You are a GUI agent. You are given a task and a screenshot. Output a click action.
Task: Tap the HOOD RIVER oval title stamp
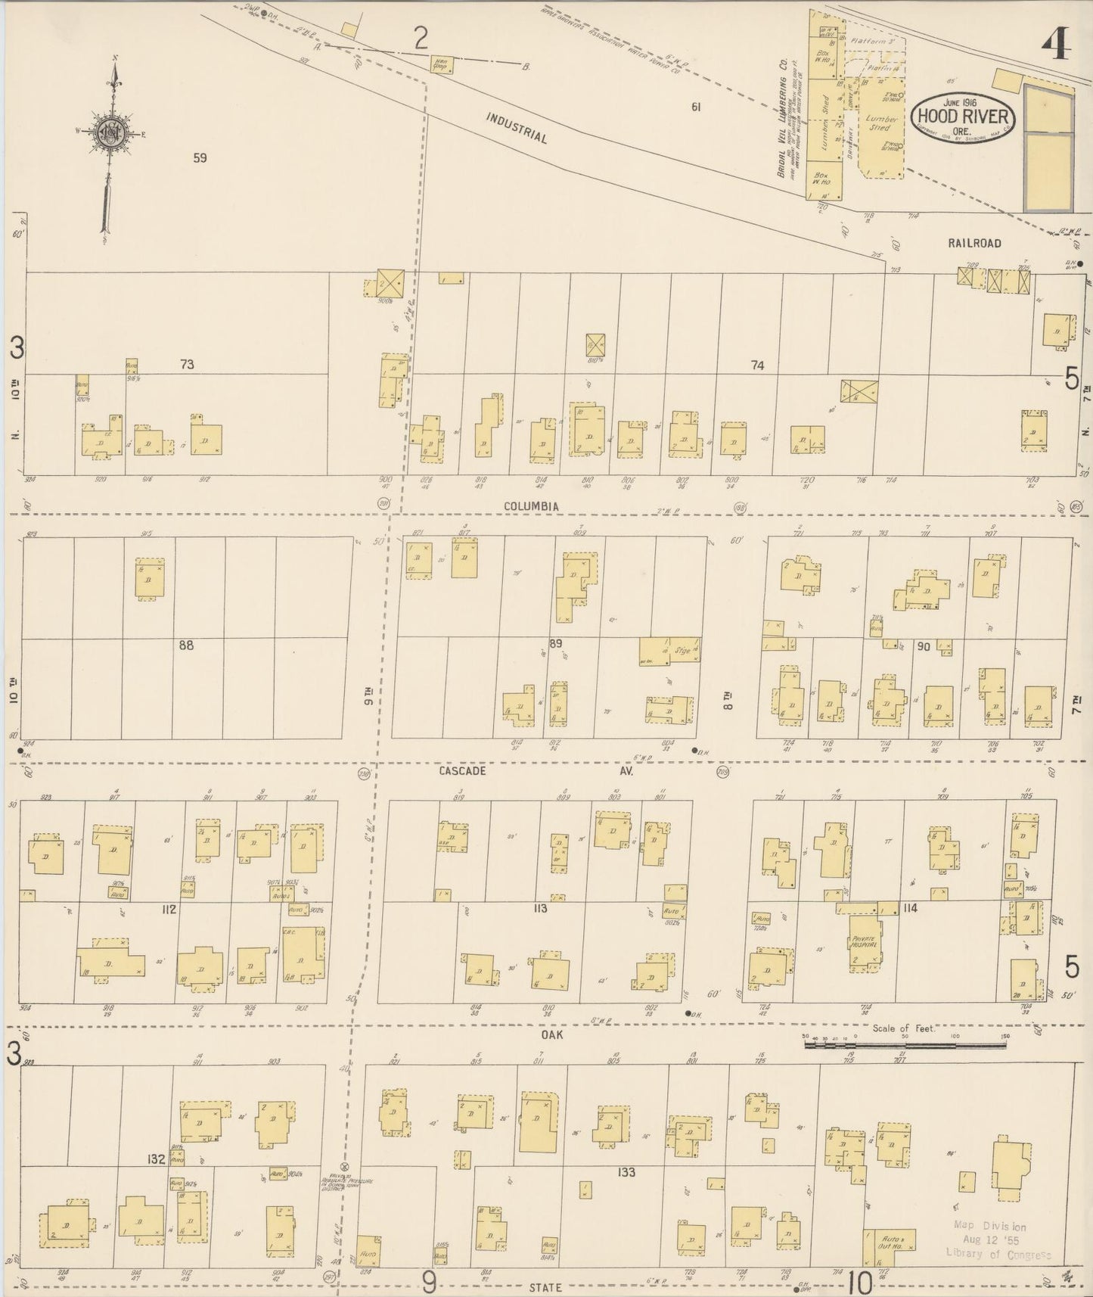pos(963,117)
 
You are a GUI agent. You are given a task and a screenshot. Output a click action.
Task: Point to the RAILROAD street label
pos(975,244)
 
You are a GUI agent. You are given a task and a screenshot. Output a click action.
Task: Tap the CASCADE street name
pos(461,771)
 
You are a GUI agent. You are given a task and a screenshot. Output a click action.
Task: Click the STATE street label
pos(545,1287)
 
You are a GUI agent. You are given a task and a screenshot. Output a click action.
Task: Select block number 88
pos(186,645)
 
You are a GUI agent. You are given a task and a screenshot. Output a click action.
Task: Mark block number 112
pos(168,909)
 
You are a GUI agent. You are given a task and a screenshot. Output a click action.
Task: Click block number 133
pos(626,1172)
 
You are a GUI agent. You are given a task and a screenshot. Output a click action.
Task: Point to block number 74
pos(757,365)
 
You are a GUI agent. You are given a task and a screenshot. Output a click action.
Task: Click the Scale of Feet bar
pos(905,1044)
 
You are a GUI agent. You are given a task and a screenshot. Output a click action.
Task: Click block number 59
pos(200,158)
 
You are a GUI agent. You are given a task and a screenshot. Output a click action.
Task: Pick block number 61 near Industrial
pos(696,107)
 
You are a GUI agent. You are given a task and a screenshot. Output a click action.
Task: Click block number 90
pos(924,646)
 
